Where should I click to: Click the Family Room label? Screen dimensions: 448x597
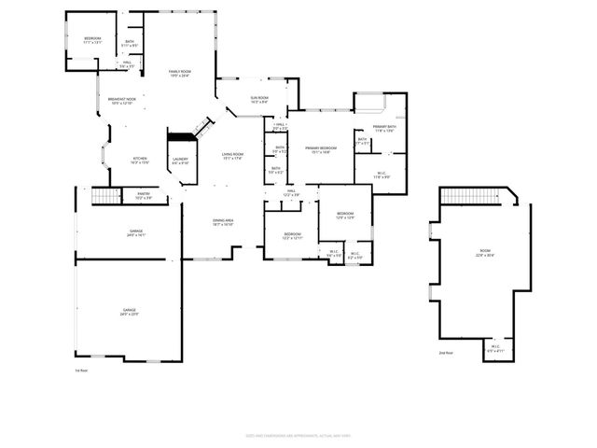179,72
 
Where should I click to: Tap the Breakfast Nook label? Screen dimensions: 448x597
121,100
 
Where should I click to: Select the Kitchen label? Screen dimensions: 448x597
139,158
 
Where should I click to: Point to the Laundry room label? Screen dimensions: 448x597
180,159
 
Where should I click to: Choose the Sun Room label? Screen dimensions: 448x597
258,98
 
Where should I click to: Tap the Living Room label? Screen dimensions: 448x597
232,154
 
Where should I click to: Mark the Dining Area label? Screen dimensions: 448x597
222,220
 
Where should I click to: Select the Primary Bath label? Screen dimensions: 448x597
384,127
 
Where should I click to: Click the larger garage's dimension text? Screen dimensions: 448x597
129,315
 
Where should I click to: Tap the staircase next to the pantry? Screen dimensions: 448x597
105,196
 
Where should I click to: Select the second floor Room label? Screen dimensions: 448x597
484,252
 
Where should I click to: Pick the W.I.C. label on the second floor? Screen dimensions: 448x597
494,348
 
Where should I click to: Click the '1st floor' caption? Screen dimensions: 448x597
81,371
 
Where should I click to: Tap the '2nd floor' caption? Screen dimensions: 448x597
445,353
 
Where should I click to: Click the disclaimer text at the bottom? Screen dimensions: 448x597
298,435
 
